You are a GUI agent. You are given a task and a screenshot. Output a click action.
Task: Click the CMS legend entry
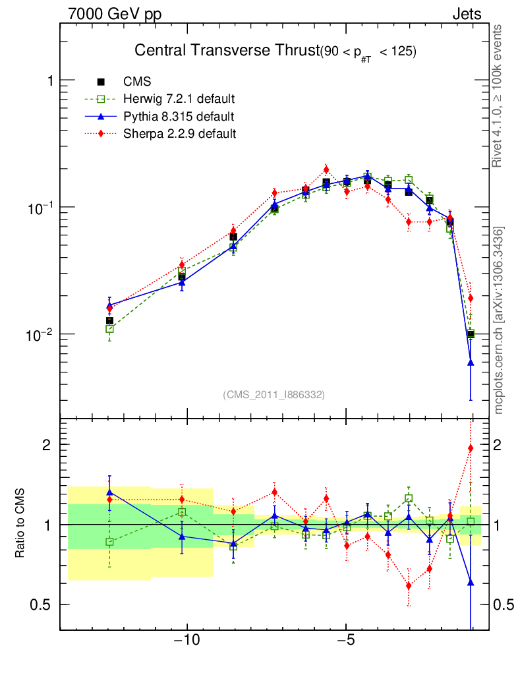click(137, 82)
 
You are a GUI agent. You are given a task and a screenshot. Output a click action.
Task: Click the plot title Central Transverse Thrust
click(225, 51)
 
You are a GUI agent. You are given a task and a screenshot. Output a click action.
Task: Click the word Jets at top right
click(466, 14)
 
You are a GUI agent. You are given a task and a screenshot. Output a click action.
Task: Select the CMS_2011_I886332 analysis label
click(273, 394)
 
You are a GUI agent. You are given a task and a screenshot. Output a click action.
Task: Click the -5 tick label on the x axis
click(347, 640)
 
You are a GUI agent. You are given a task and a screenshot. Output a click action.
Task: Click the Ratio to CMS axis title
click(20, 525)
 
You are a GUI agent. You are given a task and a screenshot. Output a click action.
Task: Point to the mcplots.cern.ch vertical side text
click(499, 320)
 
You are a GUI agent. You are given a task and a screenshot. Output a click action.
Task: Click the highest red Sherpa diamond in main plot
click(326, 169)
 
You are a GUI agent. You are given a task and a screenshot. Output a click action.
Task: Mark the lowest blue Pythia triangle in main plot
click(471, 363)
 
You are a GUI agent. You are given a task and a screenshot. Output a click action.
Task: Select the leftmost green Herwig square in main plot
click(110, 328)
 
